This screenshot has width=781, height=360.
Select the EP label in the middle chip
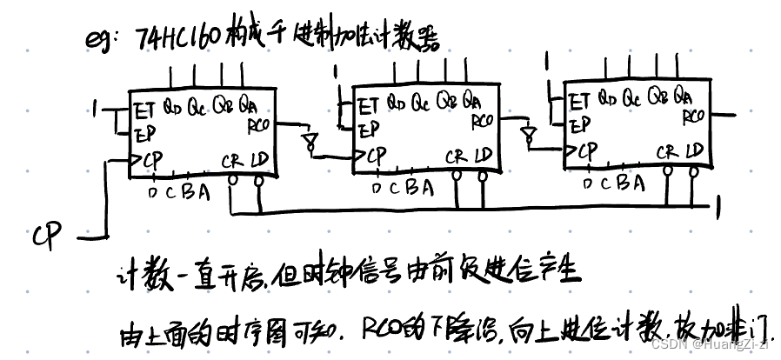tap(369, 129)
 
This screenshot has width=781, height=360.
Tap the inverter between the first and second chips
tap(307, 140)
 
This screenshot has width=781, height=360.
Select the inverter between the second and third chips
tap(525, 134)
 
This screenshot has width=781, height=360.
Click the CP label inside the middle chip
tap(375, 157)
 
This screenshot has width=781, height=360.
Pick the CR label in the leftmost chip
tap(232, 161)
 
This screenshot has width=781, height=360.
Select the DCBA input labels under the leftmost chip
tap(178, 192)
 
